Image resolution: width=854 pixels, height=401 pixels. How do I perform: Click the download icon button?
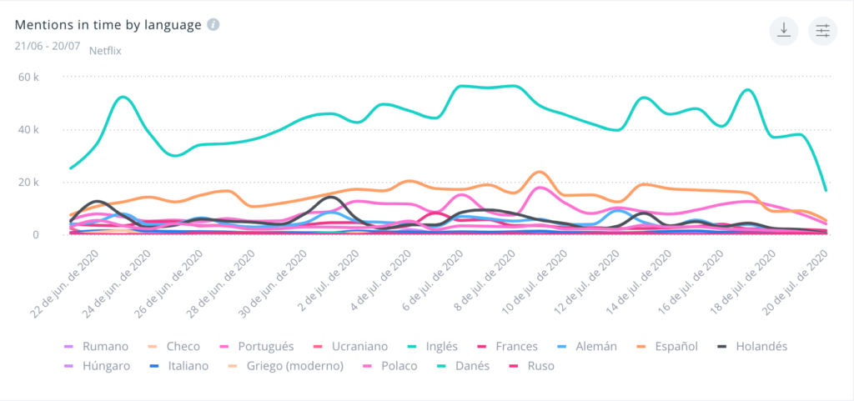(x=783, y=30)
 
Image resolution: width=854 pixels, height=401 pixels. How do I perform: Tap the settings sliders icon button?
(x=823, y=30)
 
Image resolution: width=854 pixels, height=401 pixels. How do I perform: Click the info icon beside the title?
(x=213, y=24)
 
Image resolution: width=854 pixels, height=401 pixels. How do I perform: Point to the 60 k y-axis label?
(x=30, y=78)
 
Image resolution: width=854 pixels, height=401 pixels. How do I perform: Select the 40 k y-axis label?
(x=30, y=130)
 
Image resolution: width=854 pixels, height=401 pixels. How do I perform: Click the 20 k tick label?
(x=30, y=183)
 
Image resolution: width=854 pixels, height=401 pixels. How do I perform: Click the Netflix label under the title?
(x=106, y=50)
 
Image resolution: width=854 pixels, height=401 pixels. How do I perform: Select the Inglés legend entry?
(x=440, y=346)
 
